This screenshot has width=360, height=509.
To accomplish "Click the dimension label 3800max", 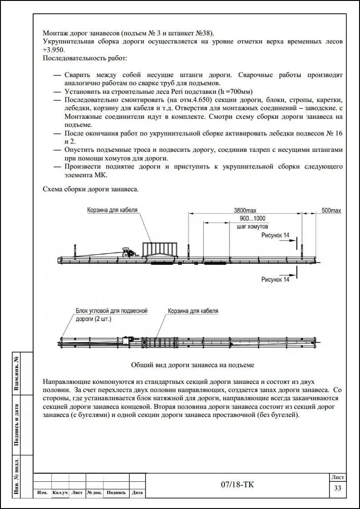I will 245,210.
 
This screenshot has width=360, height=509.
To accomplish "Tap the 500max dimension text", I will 331,210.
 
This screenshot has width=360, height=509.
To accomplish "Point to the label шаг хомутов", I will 253,226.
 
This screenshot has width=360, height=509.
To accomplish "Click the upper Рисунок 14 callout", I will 275,235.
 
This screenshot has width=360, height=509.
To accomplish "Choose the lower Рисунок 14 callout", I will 275,280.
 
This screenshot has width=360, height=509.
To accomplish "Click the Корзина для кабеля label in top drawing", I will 112,210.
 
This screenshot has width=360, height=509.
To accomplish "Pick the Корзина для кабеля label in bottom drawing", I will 193,311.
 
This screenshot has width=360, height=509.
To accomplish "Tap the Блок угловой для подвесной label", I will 112,311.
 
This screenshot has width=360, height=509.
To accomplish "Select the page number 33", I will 337,488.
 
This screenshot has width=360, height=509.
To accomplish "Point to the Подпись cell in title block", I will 117,493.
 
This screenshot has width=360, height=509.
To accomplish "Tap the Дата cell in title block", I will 137,493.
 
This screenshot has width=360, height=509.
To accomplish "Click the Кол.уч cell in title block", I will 60,493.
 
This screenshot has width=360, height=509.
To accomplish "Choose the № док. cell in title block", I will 95,493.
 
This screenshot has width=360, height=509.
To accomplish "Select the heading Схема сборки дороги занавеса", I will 91,189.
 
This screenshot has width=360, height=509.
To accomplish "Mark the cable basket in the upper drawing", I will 158,251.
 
